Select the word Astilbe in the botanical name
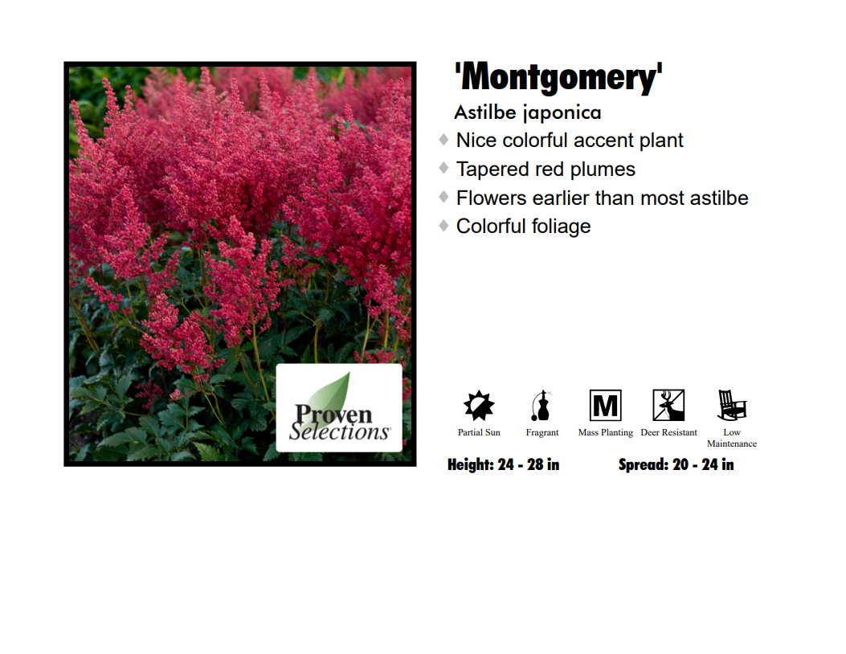click(x=485, y=112)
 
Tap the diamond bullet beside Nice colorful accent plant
click(x=443, y=140)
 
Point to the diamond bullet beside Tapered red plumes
click(x=443, y=169)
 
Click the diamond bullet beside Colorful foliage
click(x=443, y=226)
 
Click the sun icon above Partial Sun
click(x=479, y=405)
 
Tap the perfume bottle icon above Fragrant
click(x=542, y=405)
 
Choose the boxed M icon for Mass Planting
click(x=605, y=405)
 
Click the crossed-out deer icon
click(x=668, y=405)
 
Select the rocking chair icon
click(x=731, y=405)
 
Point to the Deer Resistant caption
click(x=668, y=433)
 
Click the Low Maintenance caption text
click(x=732, y=438)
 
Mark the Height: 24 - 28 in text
click(x=504, y=464)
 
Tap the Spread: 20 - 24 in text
click(x=676, y=464)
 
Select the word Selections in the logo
click(x=339, y=431)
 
